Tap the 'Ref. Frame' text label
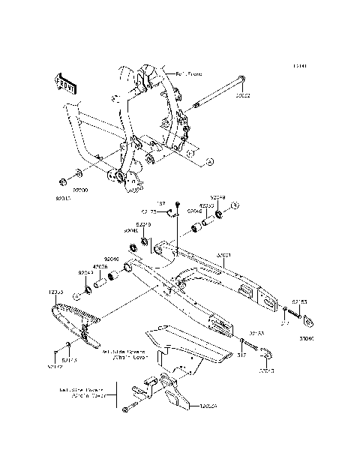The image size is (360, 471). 169,74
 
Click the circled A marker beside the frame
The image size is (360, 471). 210,160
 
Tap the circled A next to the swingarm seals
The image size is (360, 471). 234,204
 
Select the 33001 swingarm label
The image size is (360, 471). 223,256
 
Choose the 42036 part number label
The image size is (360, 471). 100,266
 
